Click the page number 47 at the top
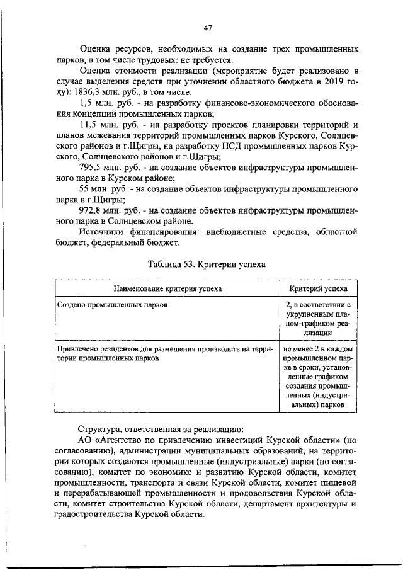[208, 27]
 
